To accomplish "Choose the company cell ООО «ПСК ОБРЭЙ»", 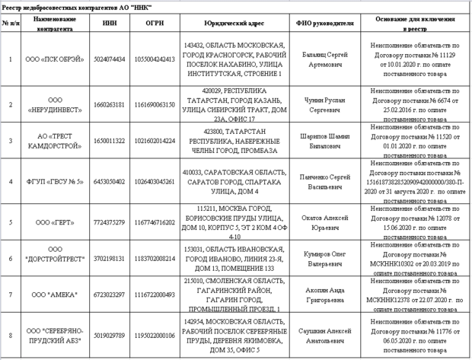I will (54, 59).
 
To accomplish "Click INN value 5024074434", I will (109, 59).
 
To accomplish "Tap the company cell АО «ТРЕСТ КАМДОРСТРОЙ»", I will (54, 141).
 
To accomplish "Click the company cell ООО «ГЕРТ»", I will (54, 222).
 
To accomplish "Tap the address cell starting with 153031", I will (233, 259).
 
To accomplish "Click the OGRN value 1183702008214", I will (155, 259).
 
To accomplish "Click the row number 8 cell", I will (10, 335).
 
